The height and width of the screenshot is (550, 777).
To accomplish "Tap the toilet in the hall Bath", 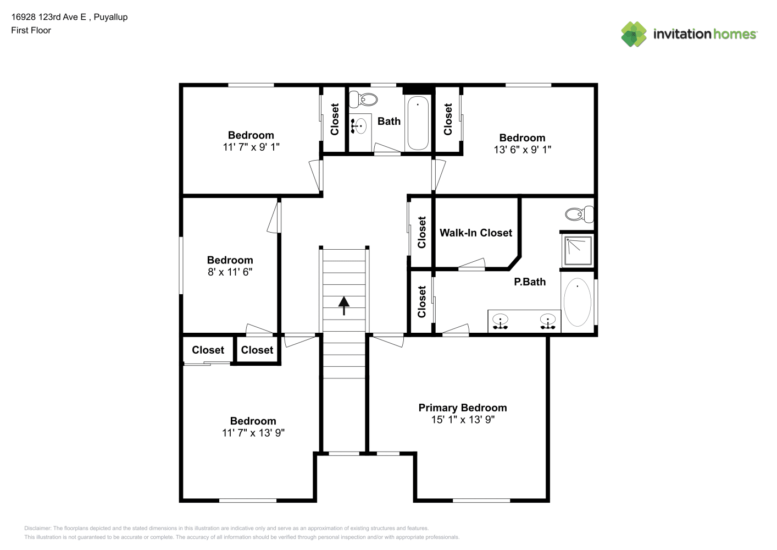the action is tap(363, 100).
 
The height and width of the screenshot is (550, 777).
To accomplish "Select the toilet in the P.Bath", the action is tap(580, 214).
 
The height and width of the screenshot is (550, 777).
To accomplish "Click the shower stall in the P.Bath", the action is tap(578, 251).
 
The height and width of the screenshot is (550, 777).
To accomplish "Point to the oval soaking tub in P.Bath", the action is tap(577, 302).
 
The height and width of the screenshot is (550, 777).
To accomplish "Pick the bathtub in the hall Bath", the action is tap(418, 123).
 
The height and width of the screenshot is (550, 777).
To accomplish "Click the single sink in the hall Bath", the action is tap(360, 125).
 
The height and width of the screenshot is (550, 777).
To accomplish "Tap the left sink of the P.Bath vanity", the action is tap(500, 321).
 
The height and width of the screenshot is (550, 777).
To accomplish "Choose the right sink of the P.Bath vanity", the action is tap(548, 321).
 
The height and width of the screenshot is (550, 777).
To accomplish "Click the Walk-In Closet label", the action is tap(476, 233).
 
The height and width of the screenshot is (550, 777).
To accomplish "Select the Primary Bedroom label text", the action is tap(463, 408).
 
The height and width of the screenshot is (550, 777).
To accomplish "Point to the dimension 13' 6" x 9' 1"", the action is tap(523, 150).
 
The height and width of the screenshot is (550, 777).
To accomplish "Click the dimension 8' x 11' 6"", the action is tap(230, 272).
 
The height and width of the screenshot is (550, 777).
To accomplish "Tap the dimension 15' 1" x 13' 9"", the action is tap(463, 420).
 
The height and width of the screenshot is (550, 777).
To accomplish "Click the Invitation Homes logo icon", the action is tap(634, 34).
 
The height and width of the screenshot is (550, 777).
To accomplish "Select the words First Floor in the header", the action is tap(31, 30).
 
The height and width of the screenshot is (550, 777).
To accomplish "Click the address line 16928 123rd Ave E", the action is tap(48, 17).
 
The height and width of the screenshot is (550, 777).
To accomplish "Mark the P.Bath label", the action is tap(530, 282).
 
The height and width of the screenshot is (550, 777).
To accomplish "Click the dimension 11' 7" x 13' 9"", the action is tap(253, 433).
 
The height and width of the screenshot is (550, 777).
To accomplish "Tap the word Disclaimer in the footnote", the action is tap(37, 528).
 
